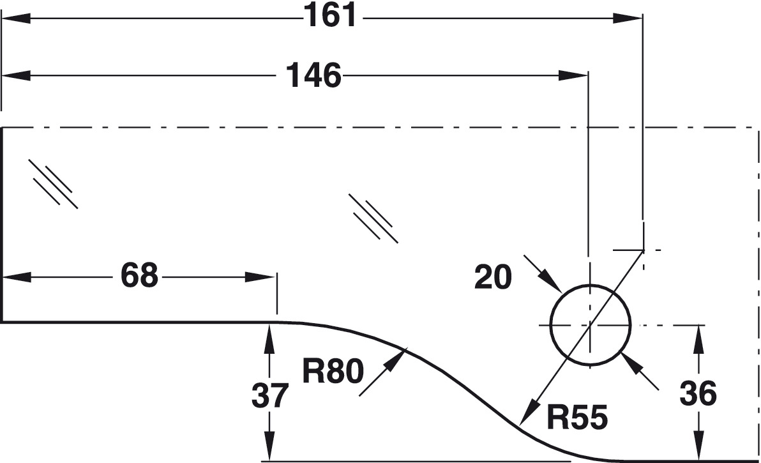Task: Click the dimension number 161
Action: [330, 15]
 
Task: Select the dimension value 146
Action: [313, 76]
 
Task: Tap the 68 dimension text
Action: [139, 276]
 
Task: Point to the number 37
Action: [270, 395]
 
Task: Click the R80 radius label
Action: [333, 371]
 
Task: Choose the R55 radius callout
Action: [577, 417]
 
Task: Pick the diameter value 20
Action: [493, 277]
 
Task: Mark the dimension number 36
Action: [698, 393]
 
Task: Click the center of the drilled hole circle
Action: [591, 325]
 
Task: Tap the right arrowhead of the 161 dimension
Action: [628, 19]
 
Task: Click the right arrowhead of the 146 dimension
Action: [573, 76]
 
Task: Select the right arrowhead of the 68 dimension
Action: [260, 277]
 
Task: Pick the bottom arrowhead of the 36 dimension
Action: [699, 444]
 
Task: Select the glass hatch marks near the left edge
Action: [53, 184]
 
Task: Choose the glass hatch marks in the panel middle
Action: [373, 218]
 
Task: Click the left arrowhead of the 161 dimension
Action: [17, 19]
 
